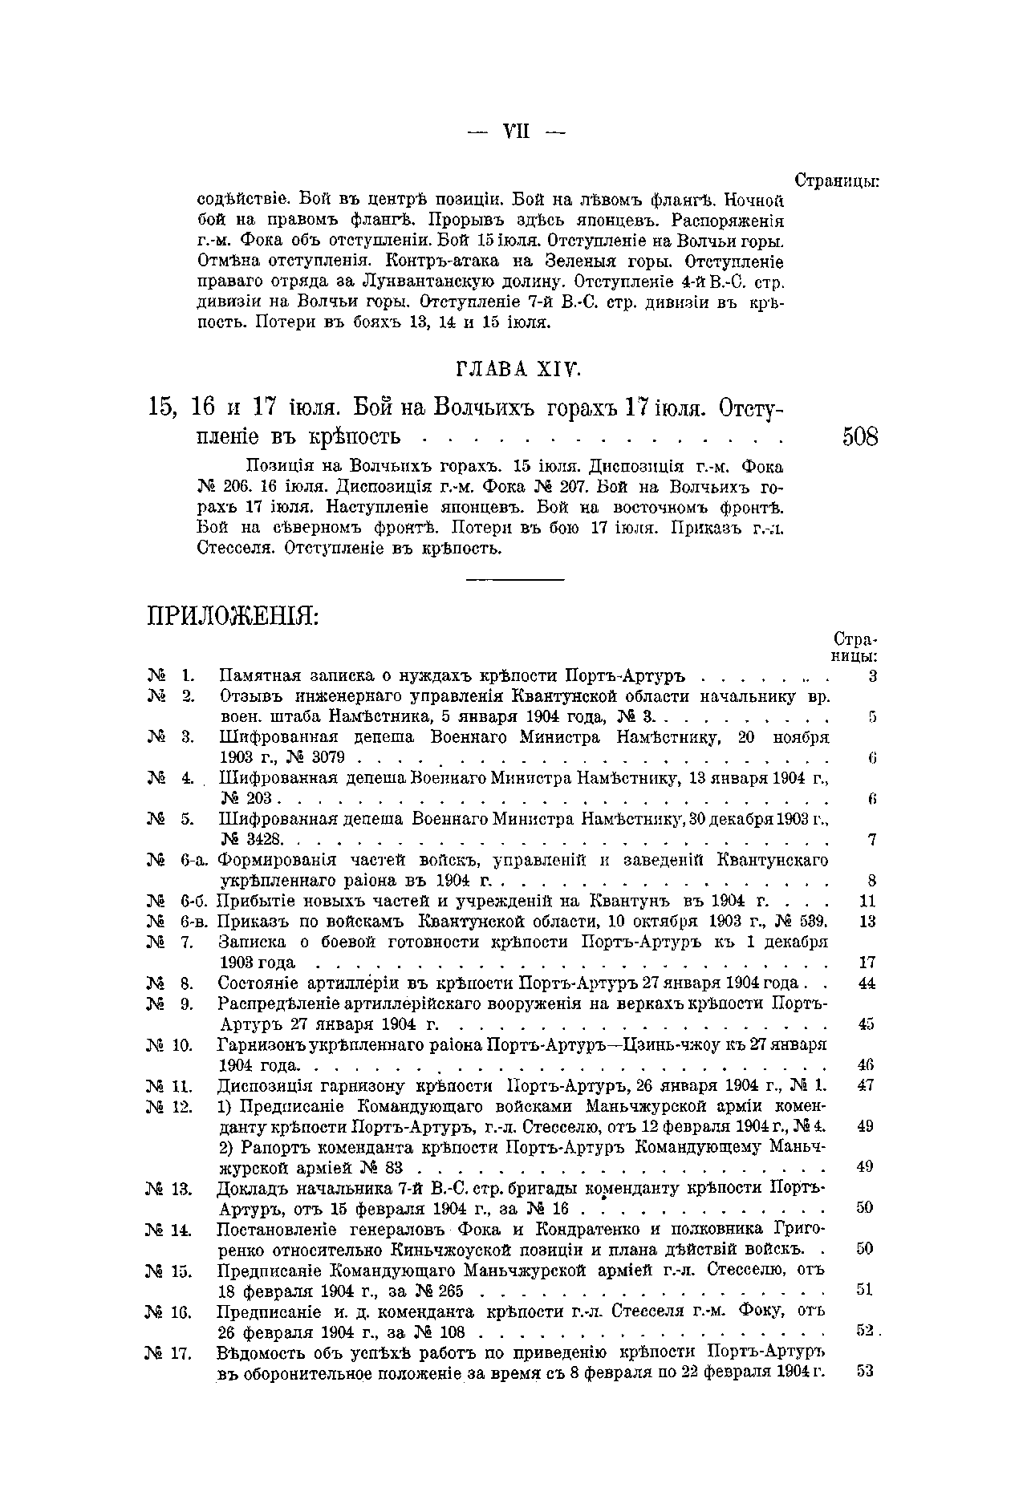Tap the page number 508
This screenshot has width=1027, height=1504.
860,437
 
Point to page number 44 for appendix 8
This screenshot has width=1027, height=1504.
867,983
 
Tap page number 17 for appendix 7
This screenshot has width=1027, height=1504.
867,963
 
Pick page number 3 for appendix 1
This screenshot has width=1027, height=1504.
873,676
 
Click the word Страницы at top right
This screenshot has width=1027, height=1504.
837,180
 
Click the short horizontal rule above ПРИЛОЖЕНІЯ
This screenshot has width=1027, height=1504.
515,578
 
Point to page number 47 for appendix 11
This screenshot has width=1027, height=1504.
865,1086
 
